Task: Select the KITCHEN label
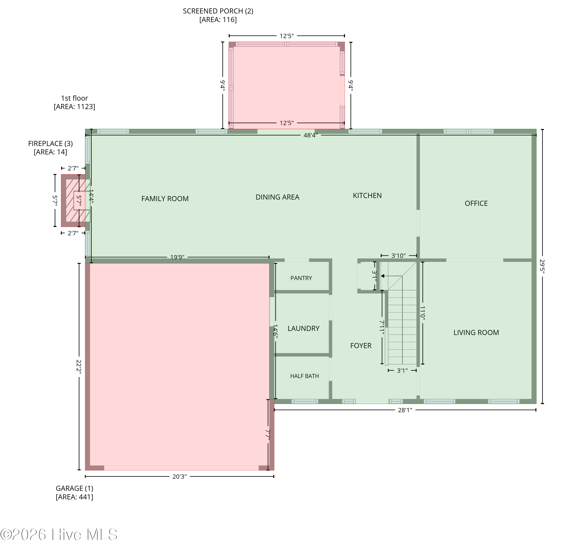(x=367, y=195)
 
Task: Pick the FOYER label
(x=361, y=346)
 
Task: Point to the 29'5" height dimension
(x=542, y=267)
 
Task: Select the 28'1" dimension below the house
(x=405, y=410)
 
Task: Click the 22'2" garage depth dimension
(x=79, y=367)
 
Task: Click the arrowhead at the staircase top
(x=382, y=276)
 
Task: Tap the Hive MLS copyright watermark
(x=59, y=535)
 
